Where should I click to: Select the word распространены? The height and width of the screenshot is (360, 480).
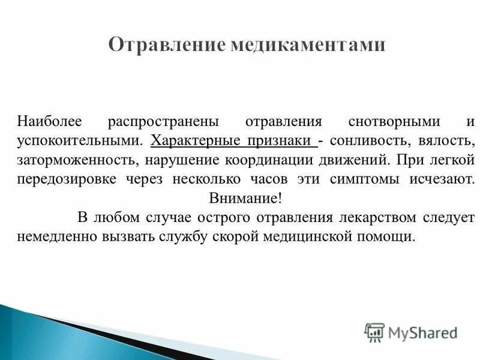pyautogui.click(x=163, y=122)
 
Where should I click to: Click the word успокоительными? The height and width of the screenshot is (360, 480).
pyautogui.click(x=80, y=142)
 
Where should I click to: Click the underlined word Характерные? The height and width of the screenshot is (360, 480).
pyautogui.click(x=191, y=142)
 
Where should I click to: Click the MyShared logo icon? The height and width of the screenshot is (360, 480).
pyautogui.click(x=375, y=332)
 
